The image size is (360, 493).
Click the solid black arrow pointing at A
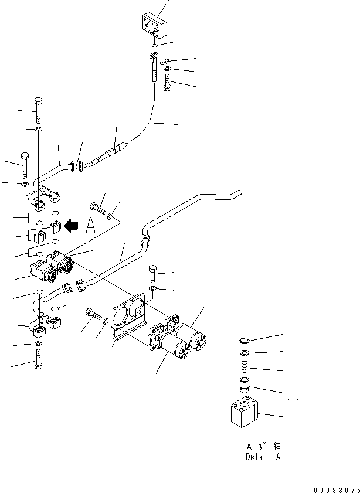point(72,225)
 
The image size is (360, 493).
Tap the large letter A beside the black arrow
point(90,226)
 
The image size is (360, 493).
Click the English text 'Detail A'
point(263,457)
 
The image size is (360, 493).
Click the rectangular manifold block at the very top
point(154,27)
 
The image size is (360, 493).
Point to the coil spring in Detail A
point(246,368)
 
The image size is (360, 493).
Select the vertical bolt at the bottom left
point(38,358)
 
